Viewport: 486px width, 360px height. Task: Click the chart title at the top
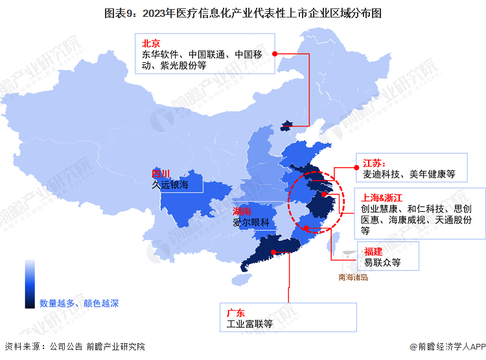point(242,12)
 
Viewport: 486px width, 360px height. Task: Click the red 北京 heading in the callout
point(152,43)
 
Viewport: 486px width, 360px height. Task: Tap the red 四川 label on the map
point(160,174)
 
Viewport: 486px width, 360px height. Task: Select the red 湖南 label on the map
point(242,212)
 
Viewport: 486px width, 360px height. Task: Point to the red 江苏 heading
point(374,163)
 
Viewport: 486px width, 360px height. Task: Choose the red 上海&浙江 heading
point(384,197)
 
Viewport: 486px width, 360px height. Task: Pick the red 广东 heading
point(235,313)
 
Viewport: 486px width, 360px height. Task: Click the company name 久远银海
point(170,185)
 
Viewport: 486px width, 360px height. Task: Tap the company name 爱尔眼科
point(251,223)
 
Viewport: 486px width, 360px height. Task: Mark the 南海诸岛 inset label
point(353,278)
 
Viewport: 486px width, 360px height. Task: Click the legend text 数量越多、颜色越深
point(79,302)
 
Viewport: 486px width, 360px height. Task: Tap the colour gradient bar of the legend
point(30,284)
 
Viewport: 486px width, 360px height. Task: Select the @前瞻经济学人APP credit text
point(447,347)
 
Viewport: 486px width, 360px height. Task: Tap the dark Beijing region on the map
point(286,125)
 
